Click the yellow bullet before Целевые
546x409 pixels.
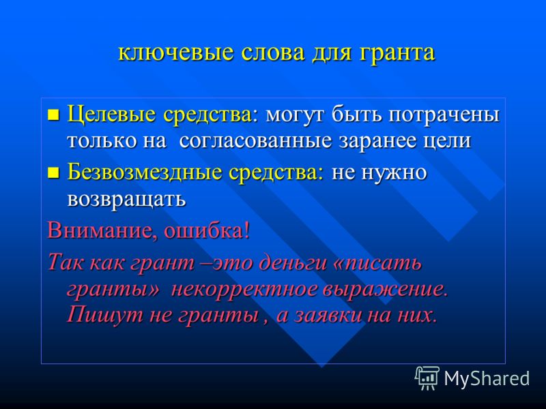(53, 115)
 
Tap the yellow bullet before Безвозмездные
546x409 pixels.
(53, 172)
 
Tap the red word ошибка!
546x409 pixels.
(207, 230)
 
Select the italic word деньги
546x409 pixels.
(291, 262)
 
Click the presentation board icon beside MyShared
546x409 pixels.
(427, 378)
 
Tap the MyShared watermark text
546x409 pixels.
(487, 378)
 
